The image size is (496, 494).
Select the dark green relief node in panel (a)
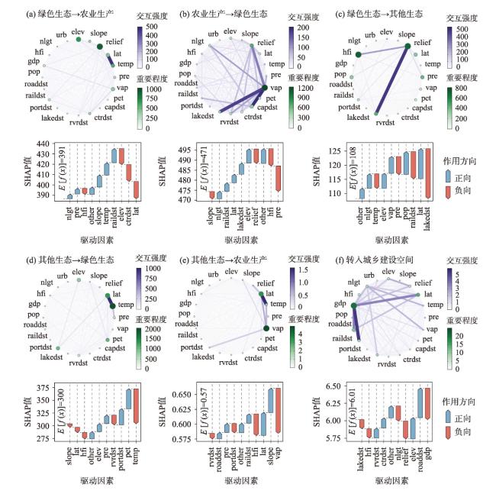98,47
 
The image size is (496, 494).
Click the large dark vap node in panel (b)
265,88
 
